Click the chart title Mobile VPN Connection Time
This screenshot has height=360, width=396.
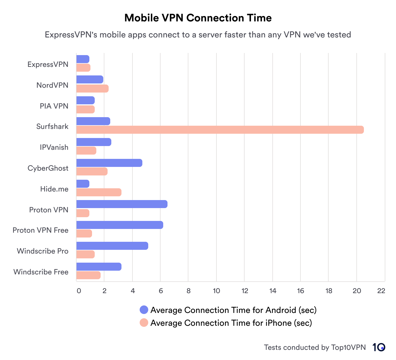[198, 18]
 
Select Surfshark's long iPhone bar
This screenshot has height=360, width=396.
[220, 130]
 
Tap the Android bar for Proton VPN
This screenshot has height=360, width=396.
[122, 204]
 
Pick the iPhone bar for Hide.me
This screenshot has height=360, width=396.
[99, 192]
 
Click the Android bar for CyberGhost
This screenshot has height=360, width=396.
[109, 163]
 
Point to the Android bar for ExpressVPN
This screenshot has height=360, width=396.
[83, 59]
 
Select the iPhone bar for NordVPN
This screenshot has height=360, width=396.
[92, 89]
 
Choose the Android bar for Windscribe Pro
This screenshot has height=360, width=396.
[112, 246]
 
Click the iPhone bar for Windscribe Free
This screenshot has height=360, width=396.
[88, 275]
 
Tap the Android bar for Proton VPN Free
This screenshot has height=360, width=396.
[120, 225]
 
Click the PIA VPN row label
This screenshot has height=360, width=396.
[54, 106]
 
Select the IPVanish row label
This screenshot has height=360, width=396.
[54, 147]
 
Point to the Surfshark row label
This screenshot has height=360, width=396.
[52, 127]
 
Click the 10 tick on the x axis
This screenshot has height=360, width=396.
[216, 291]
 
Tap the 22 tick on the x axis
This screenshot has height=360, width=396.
[381, 291]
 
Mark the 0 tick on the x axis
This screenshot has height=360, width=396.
[79, 291]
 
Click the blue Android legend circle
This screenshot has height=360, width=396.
[144, 310]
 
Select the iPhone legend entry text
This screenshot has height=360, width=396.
[231, 323]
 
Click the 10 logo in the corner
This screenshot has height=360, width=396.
[379, 347]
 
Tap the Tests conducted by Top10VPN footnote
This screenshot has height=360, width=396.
[315, 347]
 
